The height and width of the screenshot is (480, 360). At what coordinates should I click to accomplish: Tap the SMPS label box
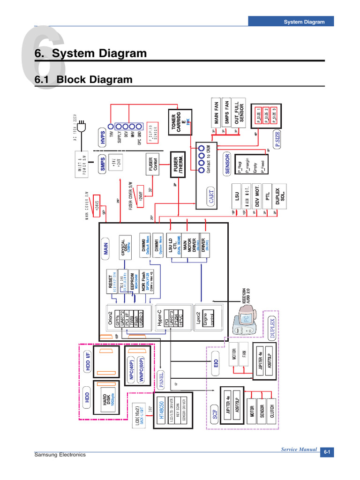(102, 165)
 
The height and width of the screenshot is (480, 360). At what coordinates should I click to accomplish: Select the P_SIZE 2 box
(265, 114)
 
